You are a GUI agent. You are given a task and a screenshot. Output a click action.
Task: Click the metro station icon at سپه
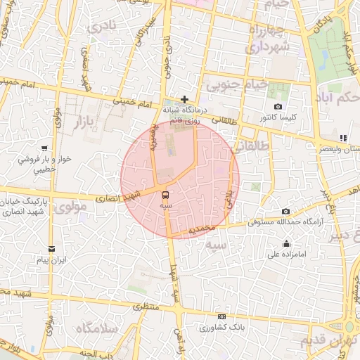(165, 195)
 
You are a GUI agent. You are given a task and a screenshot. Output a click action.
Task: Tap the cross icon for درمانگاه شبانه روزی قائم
(184, 100)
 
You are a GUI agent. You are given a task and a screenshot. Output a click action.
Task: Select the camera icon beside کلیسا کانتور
(278, 107)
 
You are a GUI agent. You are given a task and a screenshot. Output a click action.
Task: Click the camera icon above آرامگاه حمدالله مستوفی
(285, 212)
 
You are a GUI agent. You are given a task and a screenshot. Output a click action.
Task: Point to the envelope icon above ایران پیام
(51, 248)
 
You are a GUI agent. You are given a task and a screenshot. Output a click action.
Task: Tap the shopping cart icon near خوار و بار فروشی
(44, 148)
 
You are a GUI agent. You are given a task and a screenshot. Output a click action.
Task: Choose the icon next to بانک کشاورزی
(221, 316)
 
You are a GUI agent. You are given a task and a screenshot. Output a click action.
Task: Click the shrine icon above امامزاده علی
(285, 244)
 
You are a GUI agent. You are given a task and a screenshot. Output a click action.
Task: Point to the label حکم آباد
(339, 96)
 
